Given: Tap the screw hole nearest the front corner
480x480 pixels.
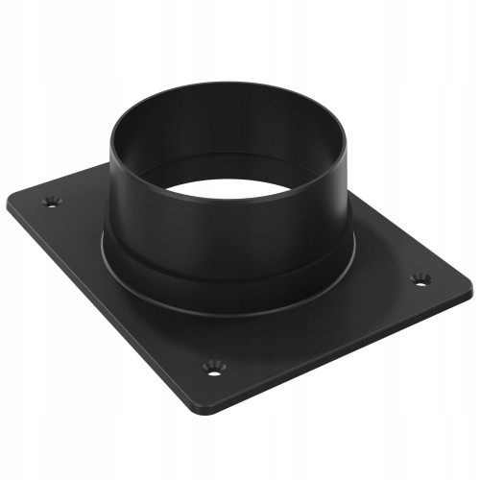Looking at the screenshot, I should pyautogui.click(x=212, y=365).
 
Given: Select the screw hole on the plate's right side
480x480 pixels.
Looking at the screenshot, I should pyautogui.click(x=420, y=278).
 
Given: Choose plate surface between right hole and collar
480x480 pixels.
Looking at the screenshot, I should pyautogui.click(x=384, y=274).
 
